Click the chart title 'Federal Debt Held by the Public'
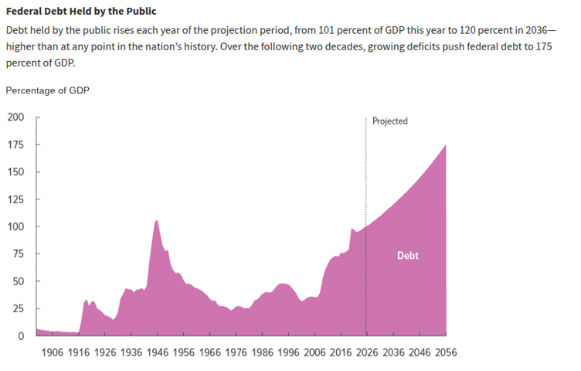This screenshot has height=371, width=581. click(81, 12)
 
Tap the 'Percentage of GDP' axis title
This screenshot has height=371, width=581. click(47, 90)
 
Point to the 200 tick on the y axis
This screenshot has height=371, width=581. click(15, 117)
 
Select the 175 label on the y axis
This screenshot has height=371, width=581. click(15, 145)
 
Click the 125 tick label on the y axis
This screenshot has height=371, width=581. click(15, 199)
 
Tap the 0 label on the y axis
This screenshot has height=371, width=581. click(22, 336)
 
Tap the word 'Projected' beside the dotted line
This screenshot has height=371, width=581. click(389, 121)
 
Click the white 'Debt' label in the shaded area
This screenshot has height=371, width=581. click(407, 255)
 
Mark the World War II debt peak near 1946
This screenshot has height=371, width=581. click(157, 221)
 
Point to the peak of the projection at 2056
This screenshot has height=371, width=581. click(445, 145)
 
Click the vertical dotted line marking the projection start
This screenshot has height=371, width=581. click(366, 193)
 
